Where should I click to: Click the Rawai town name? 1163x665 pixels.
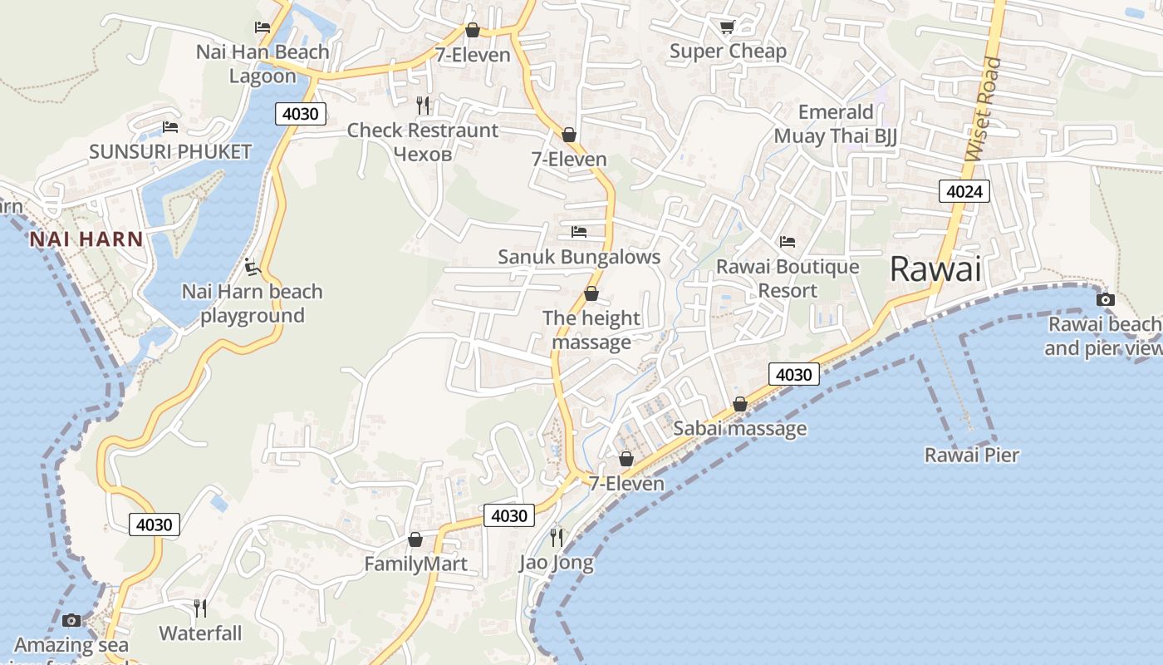point(935,269)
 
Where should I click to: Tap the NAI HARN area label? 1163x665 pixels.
point(86,239)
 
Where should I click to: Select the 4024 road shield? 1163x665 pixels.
point(964,192)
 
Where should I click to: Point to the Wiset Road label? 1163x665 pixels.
point(984,109)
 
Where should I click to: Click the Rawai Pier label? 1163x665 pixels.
point(971,455)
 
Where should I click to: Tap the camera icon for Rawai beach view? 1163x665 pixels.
point(1105,299)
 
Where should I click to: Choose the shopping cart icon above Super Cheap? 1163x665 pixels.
point(727,27)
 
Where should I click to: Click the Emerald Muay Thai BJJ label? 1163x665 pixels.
point(836,124)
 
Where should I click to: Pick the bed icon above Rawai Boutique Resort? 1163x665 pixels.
point(788,242)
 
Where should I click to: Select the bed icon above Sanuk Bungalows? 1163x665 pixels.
point(579,231)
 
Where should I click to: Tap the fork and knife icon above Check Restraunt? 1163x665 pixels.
point(423,105)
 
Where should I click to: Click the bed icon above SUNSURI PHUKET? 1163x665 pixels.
point(170,127)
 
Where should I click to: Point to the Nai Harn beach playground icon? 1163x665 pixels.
point(253,267)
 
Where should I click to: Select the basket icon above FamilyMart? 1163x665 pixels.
point(415,539)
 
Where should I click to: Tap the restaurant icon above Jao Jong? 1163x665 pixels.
point(557,538)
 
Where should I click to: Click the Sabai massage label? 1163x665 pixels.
point(739,428)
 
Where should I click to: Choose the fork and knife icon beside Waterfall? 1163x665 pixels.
point(200,608)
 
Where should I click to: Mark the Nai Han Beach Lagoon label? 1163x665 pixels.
point(263,63)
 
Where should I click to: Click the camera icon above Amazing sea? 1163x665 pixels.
point(71,620)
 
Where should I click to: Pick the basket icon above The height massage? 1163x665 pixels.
point(591,293)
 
